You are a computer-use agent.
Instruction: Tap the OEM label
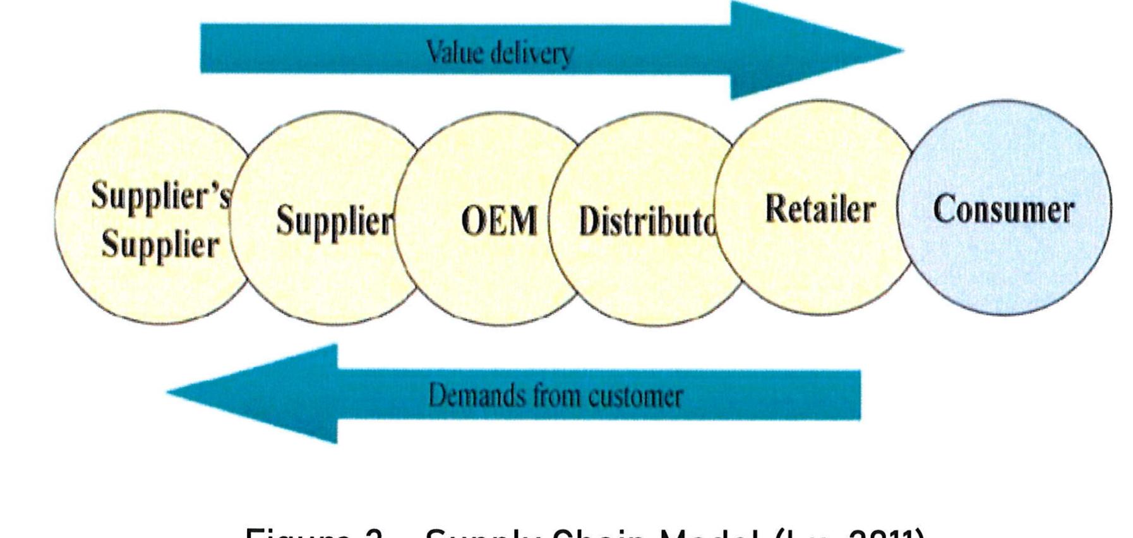click(x=499, y=222)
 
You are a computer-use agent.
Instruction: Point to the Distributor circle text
click(x=647, y=222)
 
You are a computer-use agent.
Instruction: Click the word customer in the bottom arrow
click(x=635, y=397)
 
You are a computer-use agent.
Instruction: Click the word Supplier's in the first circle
click(x=161, y=196)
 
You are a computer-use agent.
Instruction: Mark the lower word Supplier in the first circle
click(x=160, y=245)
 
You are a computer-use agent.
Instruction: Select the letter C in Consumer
click(x=944, y=210)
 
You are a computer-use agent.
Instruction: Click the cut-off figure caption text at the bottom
click(x=584, y=532)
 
